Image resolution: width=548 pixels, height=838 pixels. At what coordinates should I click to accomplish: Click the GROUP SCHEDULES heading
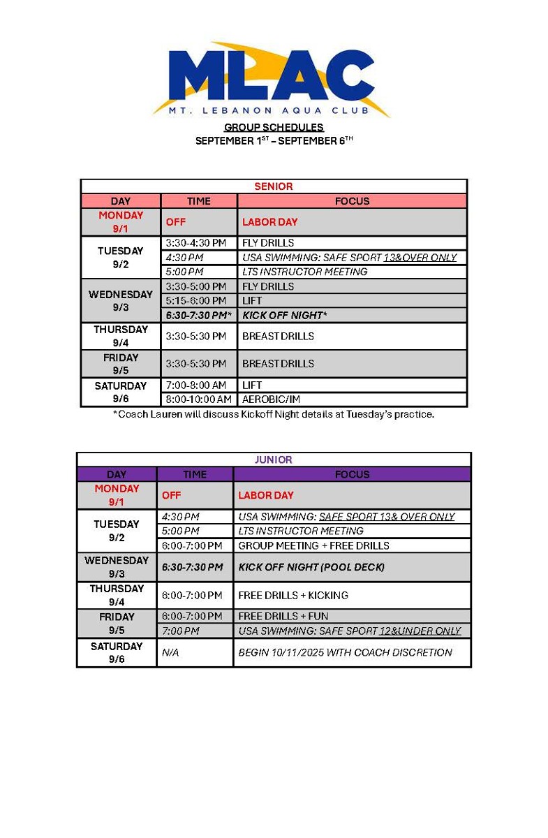click(274, 127)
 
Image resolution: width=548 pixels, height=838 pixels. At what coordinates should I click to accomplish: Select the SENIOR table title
click(274, 186)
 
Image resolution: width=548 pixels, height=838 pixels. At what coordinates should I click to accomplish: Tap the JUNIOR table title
click(274, 460)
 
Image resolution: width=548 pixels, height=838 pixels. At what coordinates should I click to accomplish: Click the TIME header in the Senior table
click(199, 201)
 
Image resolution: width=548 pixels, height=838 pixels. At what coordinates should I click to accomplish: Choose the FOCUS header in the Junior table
click(352, 474)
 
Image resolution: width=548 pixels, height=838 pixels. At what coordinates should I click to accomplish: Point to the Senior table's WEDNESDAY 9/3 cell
click(120, 301)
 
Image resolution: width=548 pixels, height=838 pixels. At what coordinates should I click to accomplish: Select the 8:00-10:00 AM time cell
click(198, 399)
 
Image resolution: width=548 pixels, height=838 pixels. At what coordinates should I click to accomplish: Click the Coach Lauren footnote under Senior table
click(274, 414)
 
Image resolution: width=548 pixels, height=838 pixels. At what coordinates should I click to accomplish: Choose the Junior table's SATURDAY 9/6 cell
click(117, 652)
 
